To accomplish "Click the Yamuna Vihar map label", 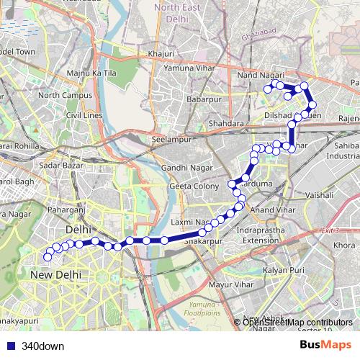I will click(x=189, y=68).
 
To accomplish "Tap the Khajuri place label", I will click(x=161, y=53).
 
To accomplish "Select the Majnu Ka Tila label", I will click(x=91, y=73).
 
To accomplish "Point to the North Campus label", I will click(x=64, y=95).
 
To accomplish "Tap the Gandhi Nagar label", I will click(x=185, y=168).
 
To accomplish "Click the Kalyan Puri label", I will click(x=284, y=269).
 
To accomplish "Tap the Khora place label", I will click(x=343, y=246).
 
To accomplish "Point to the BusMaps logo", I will click(x=325, y=345).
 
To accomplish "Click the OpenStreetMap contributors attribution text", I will click(x=297, y=323).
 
